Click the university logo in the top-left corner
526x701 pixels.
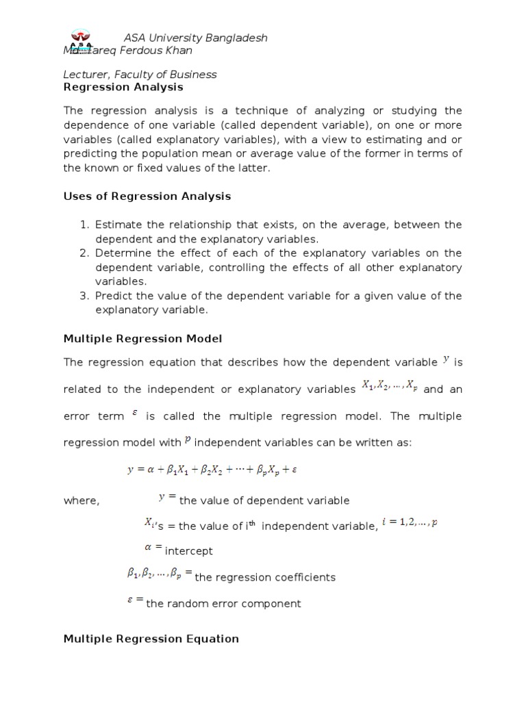[x=84, y=42]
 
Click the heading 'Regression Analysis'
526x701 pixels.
[x=123, y=87]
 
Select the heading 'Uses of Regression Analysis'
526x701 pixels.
[x=147, y=196]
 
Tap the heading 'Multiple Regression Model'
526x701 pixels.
[x=142, y=339]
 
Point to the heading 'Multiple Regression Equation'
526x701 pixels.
[x=151, y=639]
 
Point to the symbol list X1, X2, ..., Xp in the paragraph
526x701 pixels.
[x=389, y=386]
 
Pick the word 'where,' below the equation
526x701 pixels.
[x=82, y=500]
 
